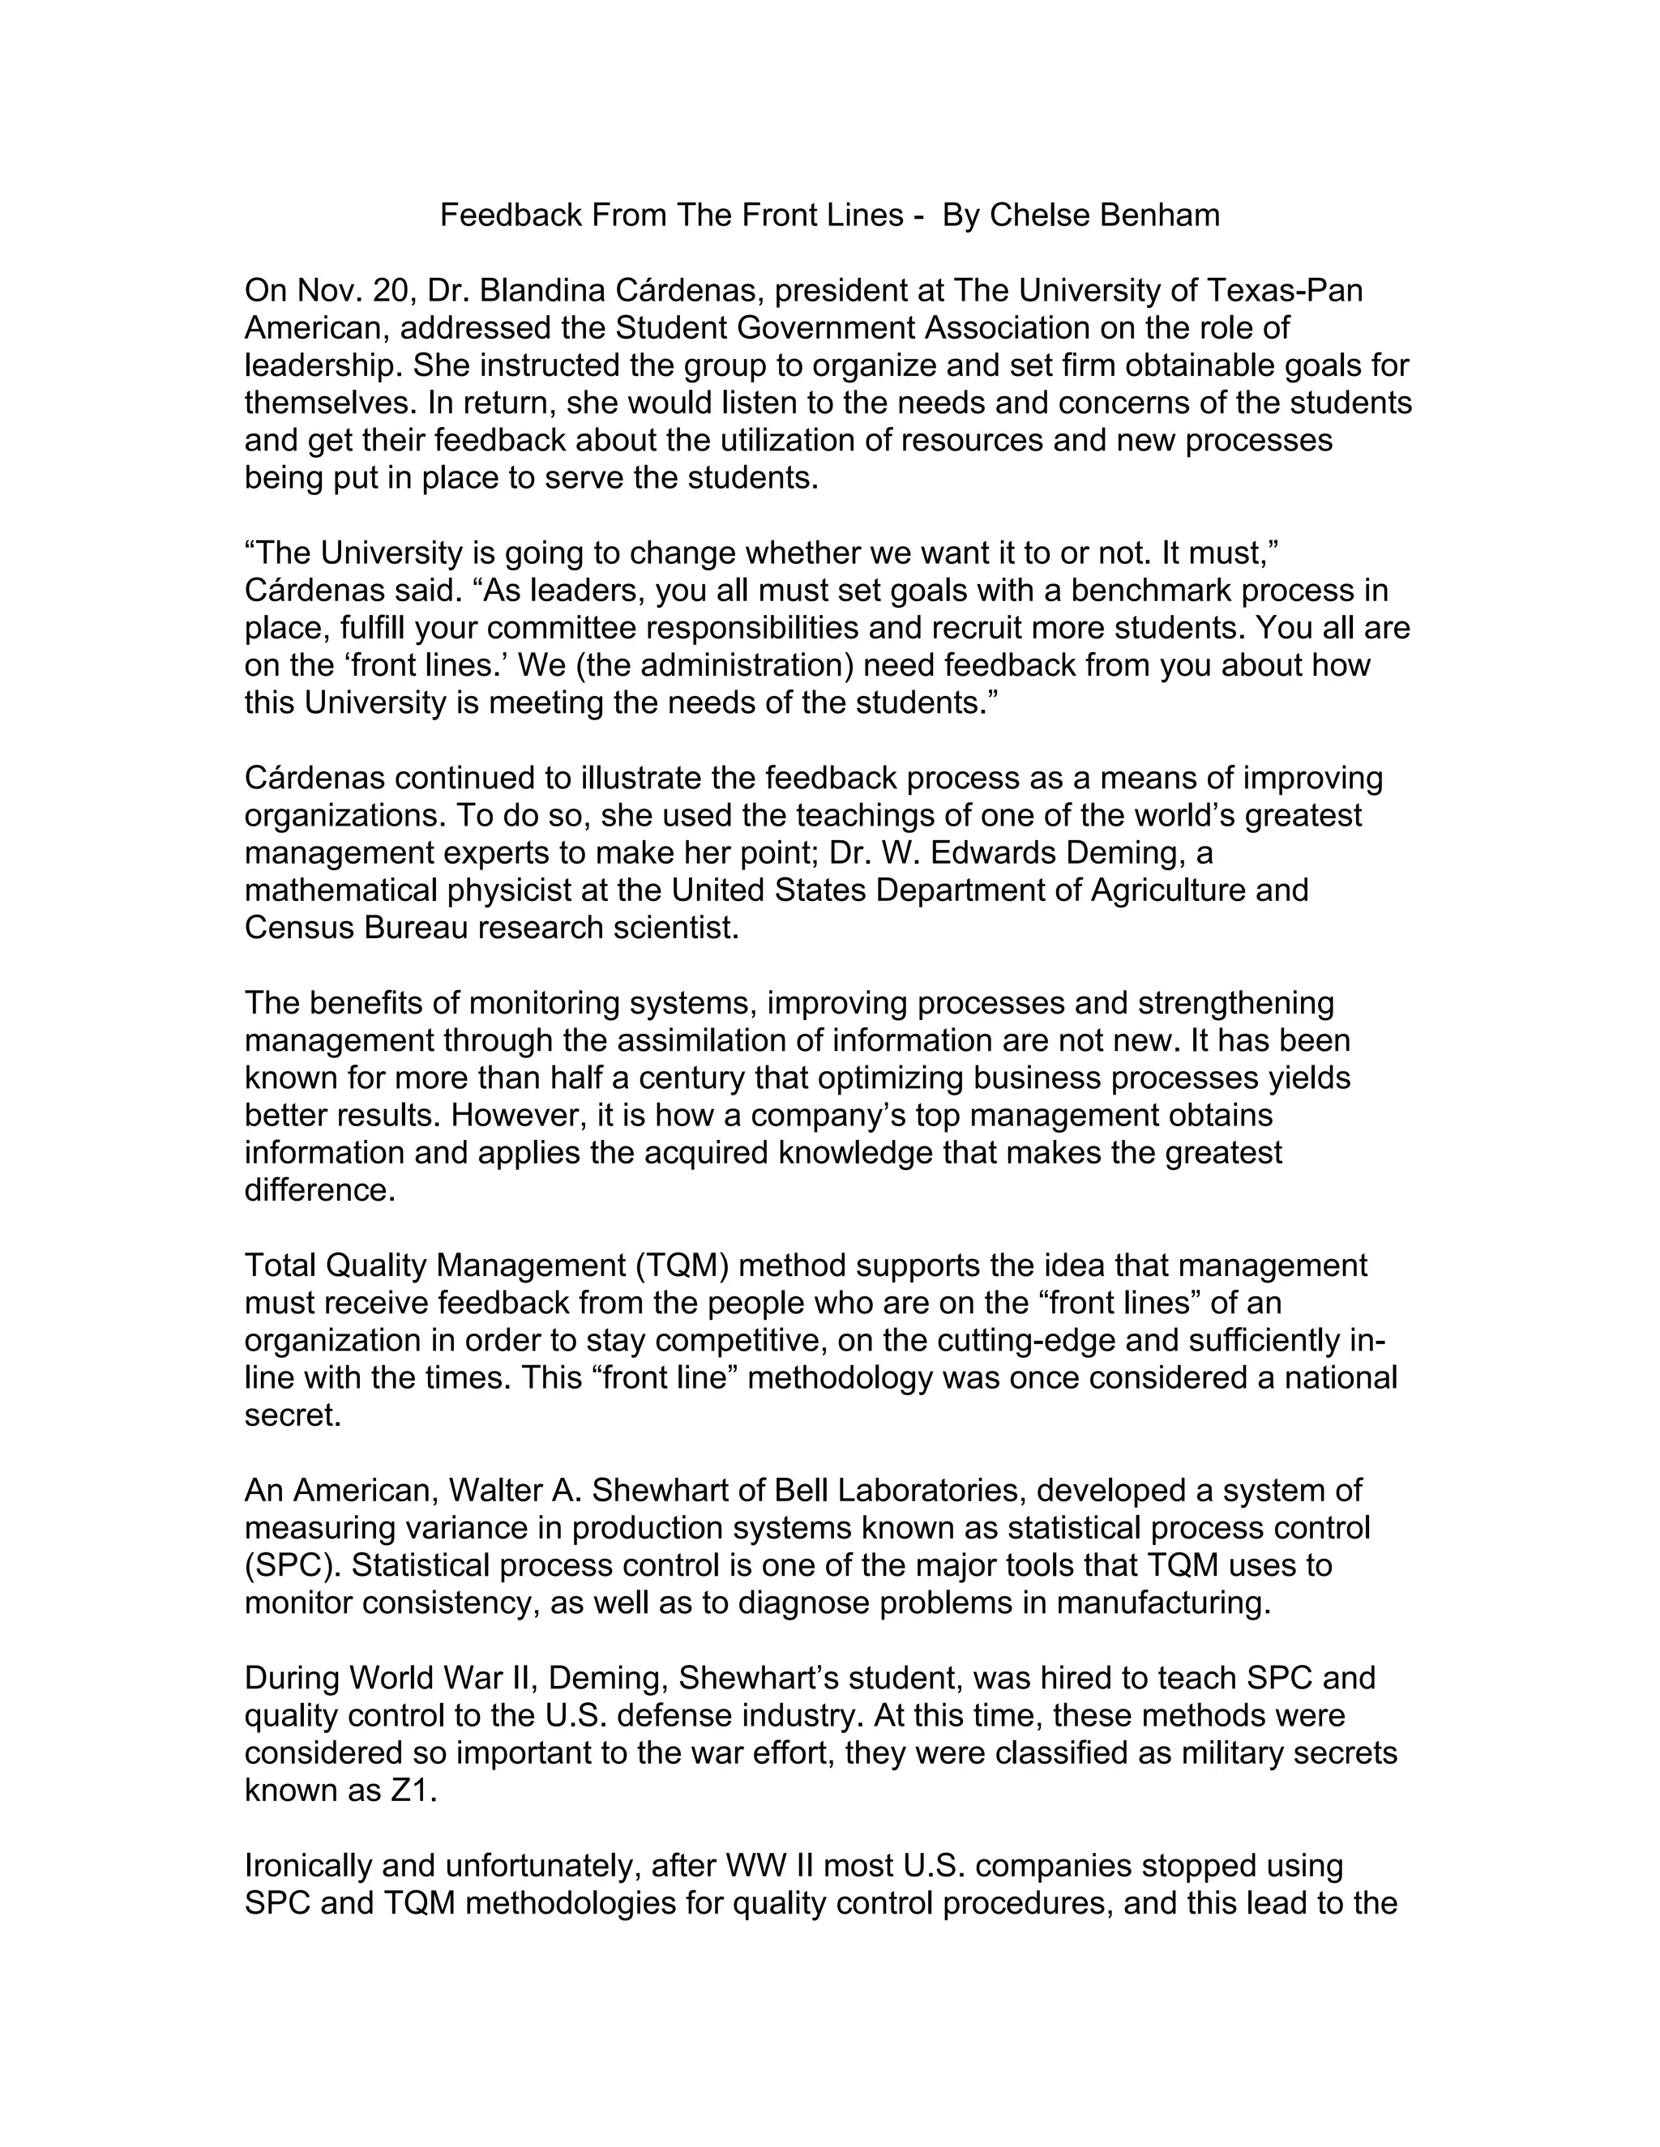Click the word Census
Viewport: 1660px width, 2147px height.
[299, 928]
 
